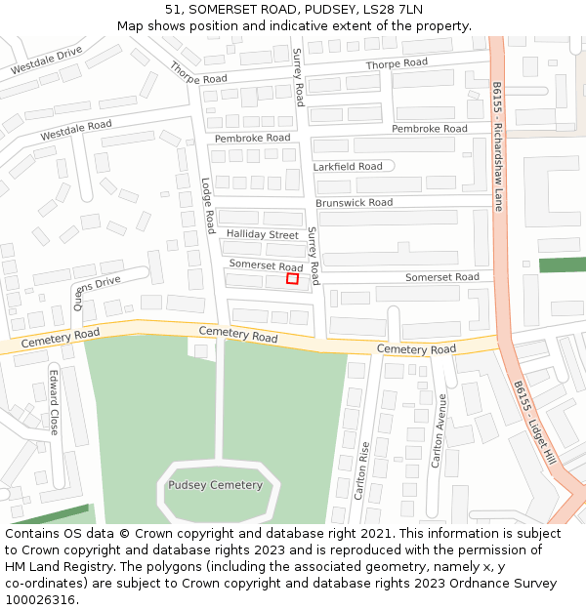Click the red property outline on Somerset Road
click(x=292, y=279)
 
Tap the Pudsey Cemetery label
click(x=215, y=485)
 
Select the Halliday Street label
click(x=263, y=235)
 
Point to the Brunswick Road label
click(x=354, y=203)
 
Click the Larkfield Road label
click(x=348, y=167)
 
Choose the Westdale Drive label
click(x=47, y=61)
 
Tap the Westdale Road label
click(x=76, y=130)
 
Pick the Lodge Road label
click(x=207, y=205)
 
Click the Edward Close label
click(x=54, y=401)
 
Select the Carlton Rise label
click(x=362, y=470)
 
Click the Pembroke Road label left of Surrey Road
click(x=253, y=139)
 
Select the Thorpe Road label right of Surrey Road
click(x=397, y=63)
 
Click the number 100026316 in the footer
click(x=40, y=600)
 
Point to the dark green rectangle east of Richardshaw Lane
click(x=562, y=264)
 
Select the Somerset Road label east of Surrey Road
click(x=442, y=277)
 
